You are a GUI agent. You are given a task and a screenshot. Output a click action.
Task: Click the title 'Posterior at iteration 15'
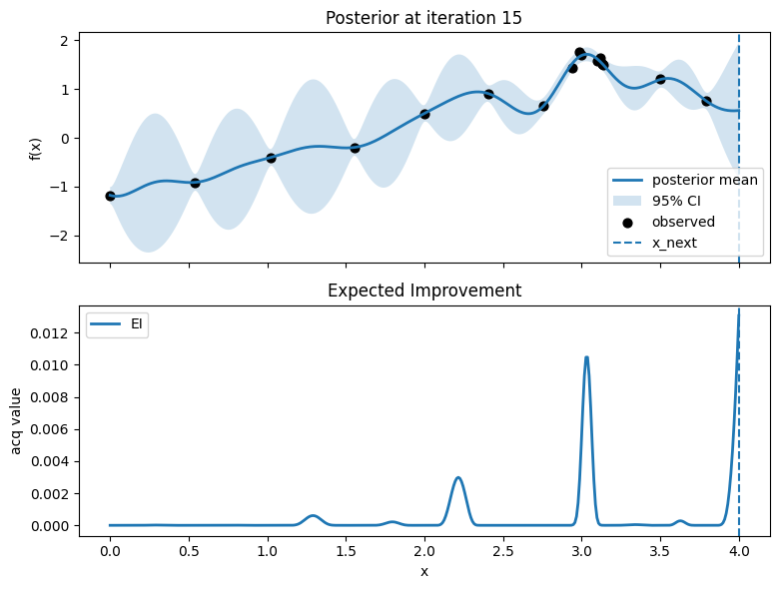424,18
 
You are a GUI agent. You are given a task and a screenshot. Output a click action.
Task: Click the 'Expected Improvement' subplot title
424,291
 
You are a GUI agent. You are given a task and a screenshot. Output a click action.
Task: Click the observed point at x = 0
110,196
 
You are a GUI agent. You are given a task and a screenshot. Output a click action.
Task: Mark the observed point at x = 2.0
424,114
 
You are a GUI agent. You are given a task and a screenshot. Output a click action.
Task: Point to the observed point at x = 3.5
660,79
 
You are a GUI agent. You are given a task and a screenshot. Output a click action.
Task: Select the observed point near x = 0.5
195,183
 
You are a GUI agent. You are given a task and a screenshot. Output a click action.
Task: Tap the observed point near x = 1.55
355,148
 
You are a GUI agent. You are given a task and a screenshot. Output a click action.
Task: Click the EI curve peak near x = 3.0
586,356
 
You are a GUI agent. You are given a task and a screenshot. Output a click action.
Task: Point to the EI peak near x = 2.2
458,477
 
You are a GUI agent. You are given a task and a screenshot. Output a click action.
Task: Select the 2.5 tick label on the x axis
503,550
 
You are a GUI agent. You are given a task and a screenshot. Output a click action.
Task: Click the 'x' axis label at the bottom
424,571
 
